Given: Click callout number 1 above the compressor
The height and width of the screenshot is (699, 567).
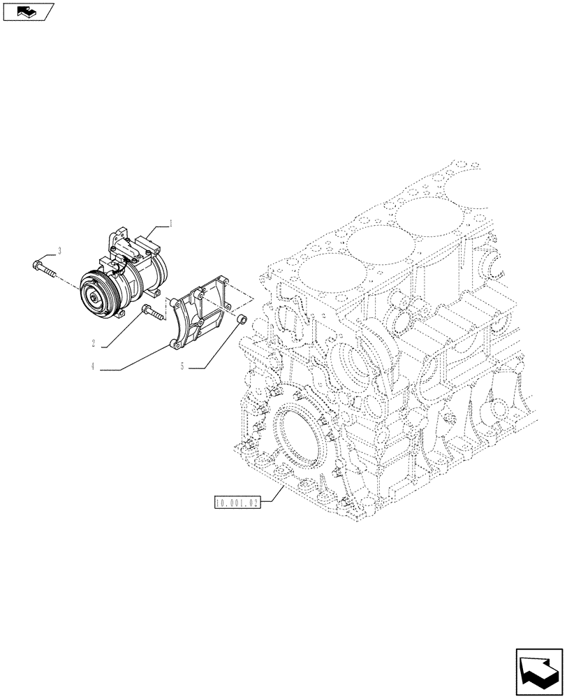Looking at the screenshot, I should pos(171,223).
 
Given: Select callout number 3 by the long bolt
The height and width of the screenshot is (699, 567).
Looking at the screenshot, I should pos(60,250).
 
